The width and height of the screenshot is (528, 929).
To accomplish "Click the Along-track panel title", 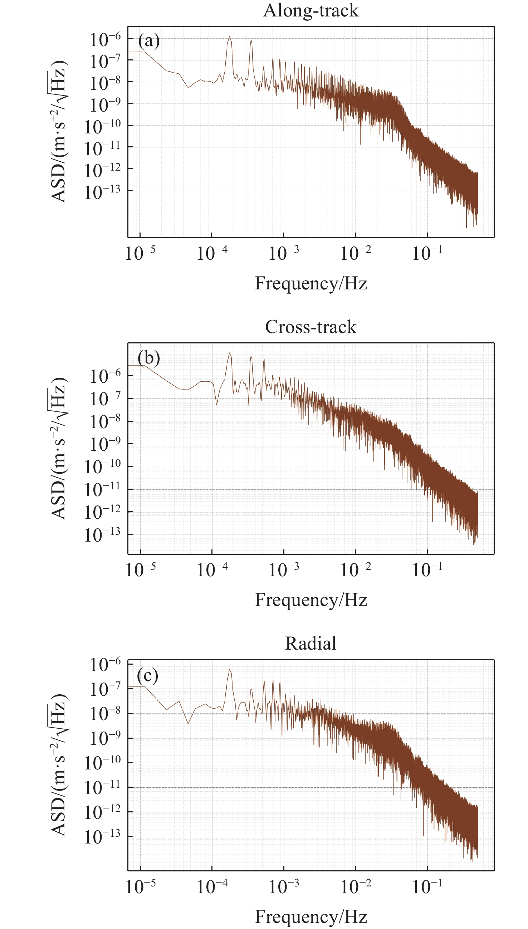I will pyautogui.click(x=311, y=10).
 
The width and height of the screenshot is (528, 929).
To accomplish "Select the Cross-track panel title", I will pyautogui.click(x=311, y=327).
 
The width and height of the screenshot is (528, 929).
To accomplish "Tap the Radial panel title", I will pyautogui.click(x=311, y=643).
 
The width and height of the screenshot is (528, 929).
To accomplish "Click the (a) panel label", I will pyautogui.click(x=149, y=41).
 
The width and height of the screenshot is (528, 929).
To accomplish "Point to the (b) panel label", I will pyautogui.click(x=149, y=358).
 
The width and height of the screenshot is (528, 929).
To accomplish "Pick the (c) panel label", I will pyautogui.click(x=148, y=675).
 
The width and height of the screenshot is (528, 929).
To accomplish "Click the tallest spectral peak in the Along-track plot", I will pyautogui.click(x=229, y=37).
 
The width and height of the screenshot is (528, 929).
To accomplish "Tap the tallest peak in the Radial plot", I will pyautogui.click(x=229, y=670).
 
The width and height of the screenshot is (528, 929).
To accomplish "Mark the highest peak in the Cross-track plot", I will pyautogui.click(x=229, y=353).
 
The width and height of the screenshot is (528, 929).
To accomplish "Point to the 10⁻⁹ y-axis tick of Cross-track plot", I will pyautogui.click(x=105, y=444).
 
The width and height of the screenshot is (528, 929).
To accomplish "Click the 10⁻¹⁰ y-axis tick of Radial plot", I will pyautogui.click(x=102, y=762).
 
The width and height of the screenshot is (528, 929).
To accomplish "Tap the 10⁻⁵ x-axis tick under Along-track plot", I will pyautogui.click(x=140, y=253).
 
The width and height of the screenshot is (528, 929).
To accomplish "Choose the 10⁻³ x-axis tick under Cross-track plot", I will pyautogui.click(x=284, y=569).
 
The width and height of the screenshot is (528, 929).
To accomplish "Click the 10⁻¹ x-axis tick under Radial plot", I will pyautogui.click(x=427, y=886).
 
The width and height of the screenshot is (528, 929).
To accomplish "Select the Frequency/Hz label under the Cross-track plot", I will pyautogui.click(x=311, y=600).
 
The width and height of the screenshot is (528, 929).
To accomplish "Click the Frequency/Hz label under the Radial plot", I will pyautogui.click(x=311, y=916).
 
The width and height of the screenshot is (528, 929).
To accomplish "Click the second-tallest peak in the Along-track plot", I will pyautogui.click(x=251, y=41).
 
